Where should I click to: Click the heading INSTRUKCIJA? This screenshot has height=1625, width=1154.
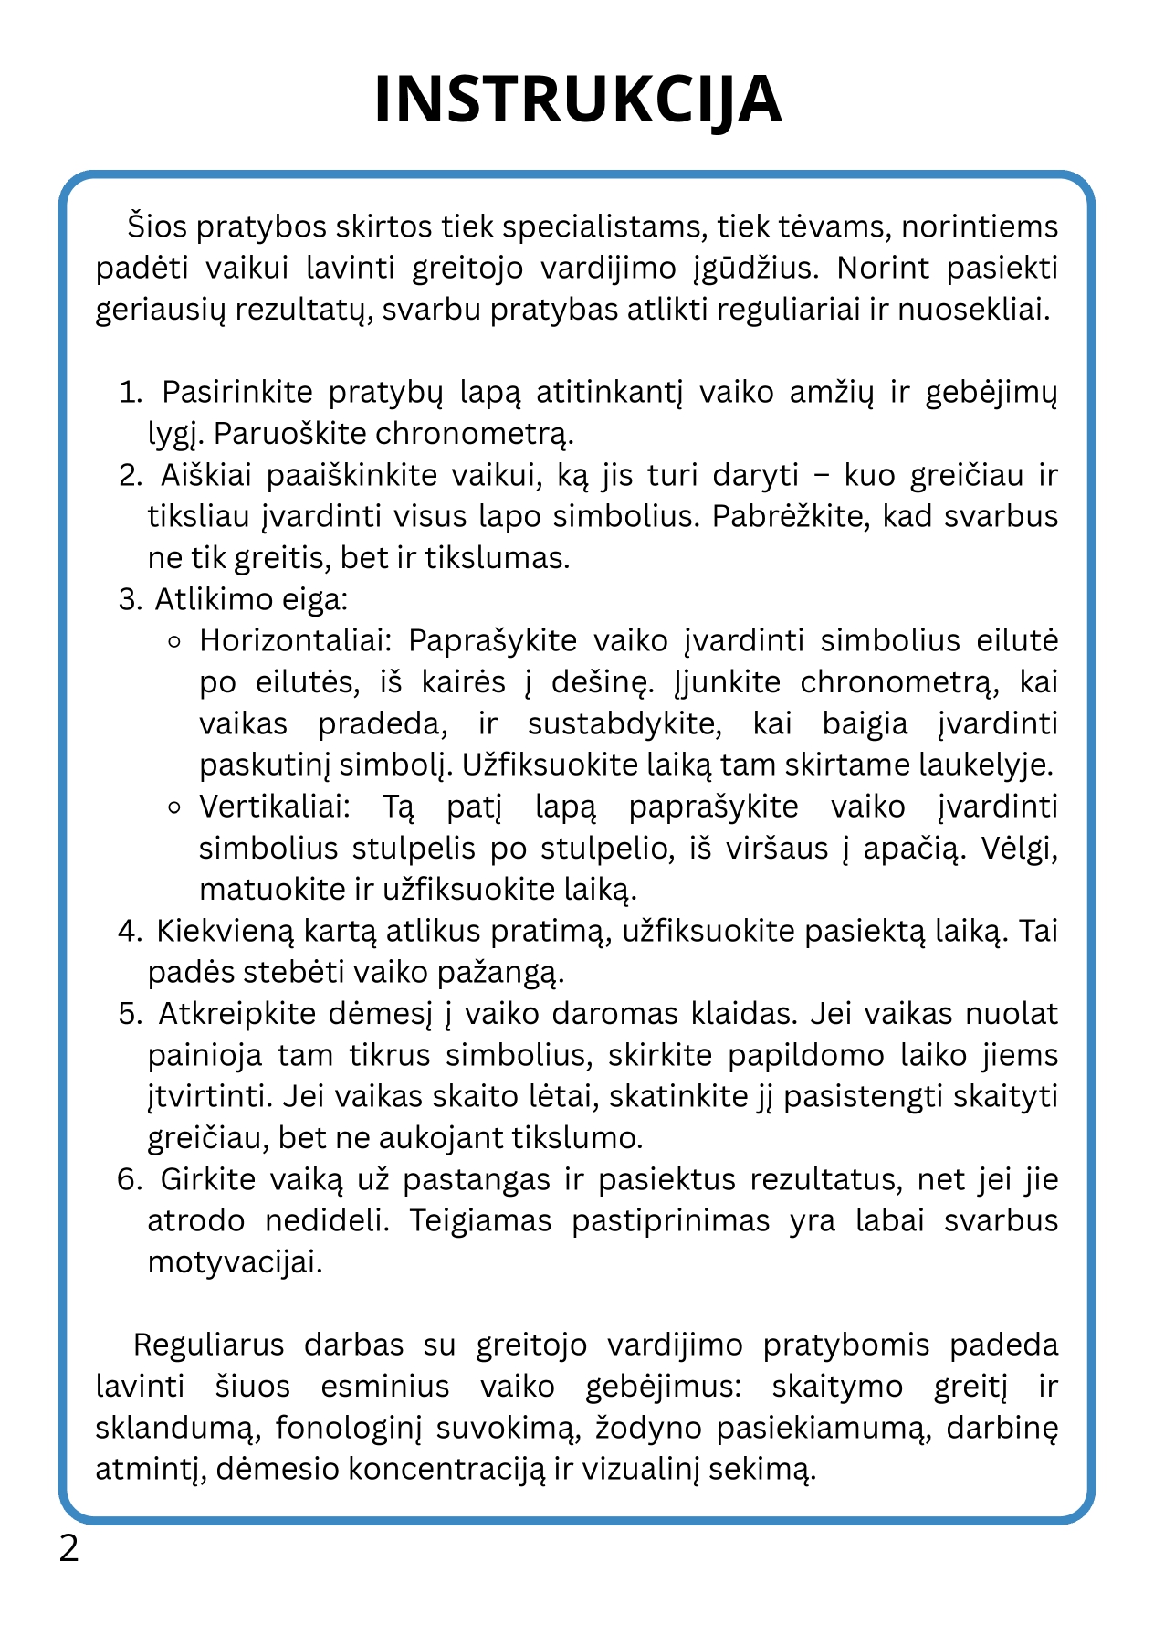[x=577, y=100]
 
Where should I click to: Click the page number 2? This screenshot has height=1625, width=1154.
[x=68, y=1549]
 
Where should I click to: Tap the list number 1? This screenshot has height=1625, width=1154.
[x=131, y=393]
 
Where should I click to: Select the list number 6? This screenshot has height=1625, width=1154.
[x=130, y=1179]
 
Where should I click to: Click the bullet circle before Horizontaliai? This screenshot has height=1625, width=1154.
[x=175, y=642]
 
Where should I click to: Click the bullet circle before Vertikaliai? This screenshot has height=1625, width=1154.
[x=175, y=808]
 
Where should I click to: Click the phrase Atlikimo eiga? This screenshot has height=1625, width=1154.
[x=251, y=599]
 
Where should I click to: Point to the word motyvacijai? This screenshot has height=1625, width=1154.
[x=236, y=1262]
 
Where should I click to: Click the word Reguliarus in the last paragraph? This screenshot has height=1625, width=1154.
[x=209, y=1345]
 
